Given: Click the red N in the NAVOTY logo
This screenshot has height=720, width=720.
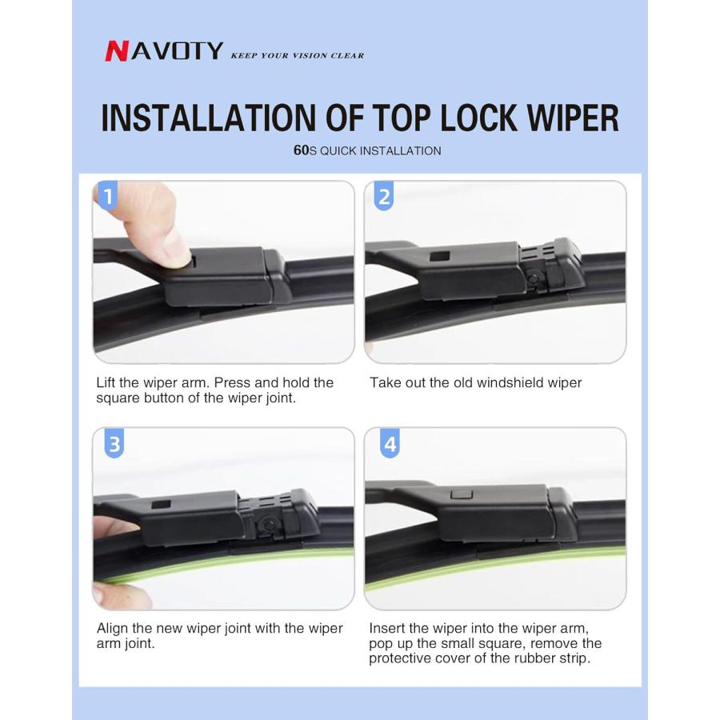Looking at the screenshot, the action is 117,51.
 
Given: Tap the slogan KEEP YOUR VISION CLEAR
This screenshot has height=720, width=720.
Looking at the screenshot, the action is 297,55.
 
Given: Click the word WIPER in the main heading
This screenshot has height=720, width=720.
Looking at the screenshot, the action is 573,118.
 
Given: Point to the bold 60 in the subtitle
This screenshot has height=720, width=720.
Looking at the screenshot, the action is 302,150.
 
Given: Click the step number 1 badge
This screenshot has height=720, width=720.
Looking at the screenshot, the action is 107,196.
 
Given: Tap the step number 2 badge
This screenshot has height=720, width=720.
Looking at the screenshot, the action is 384,196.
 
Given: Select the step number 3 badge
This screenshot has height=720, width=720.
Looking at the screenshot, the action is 114,443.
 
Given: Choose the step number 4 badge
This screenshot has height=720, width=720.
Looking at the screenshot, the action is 390,443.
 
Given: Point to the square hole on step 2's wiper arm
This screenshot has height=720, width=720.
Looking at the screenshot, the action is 439,256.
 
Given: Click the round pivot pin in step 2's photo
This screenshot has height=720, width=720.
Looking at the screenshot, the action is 533,278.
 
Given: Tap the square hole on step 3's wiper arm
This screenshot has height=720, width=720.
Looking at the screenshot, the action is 161,504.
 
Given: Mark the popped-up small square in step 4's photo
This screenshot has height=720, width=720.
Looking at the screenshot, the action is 462,494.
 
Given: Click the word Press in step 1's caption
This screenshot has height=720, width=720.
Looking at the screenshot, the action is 233,382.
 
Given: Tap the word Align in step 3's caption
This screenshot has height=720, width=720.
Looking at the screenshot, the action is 113,629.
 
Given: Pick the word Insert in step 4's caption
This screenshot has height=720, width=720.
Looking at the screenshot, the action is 387,628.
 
